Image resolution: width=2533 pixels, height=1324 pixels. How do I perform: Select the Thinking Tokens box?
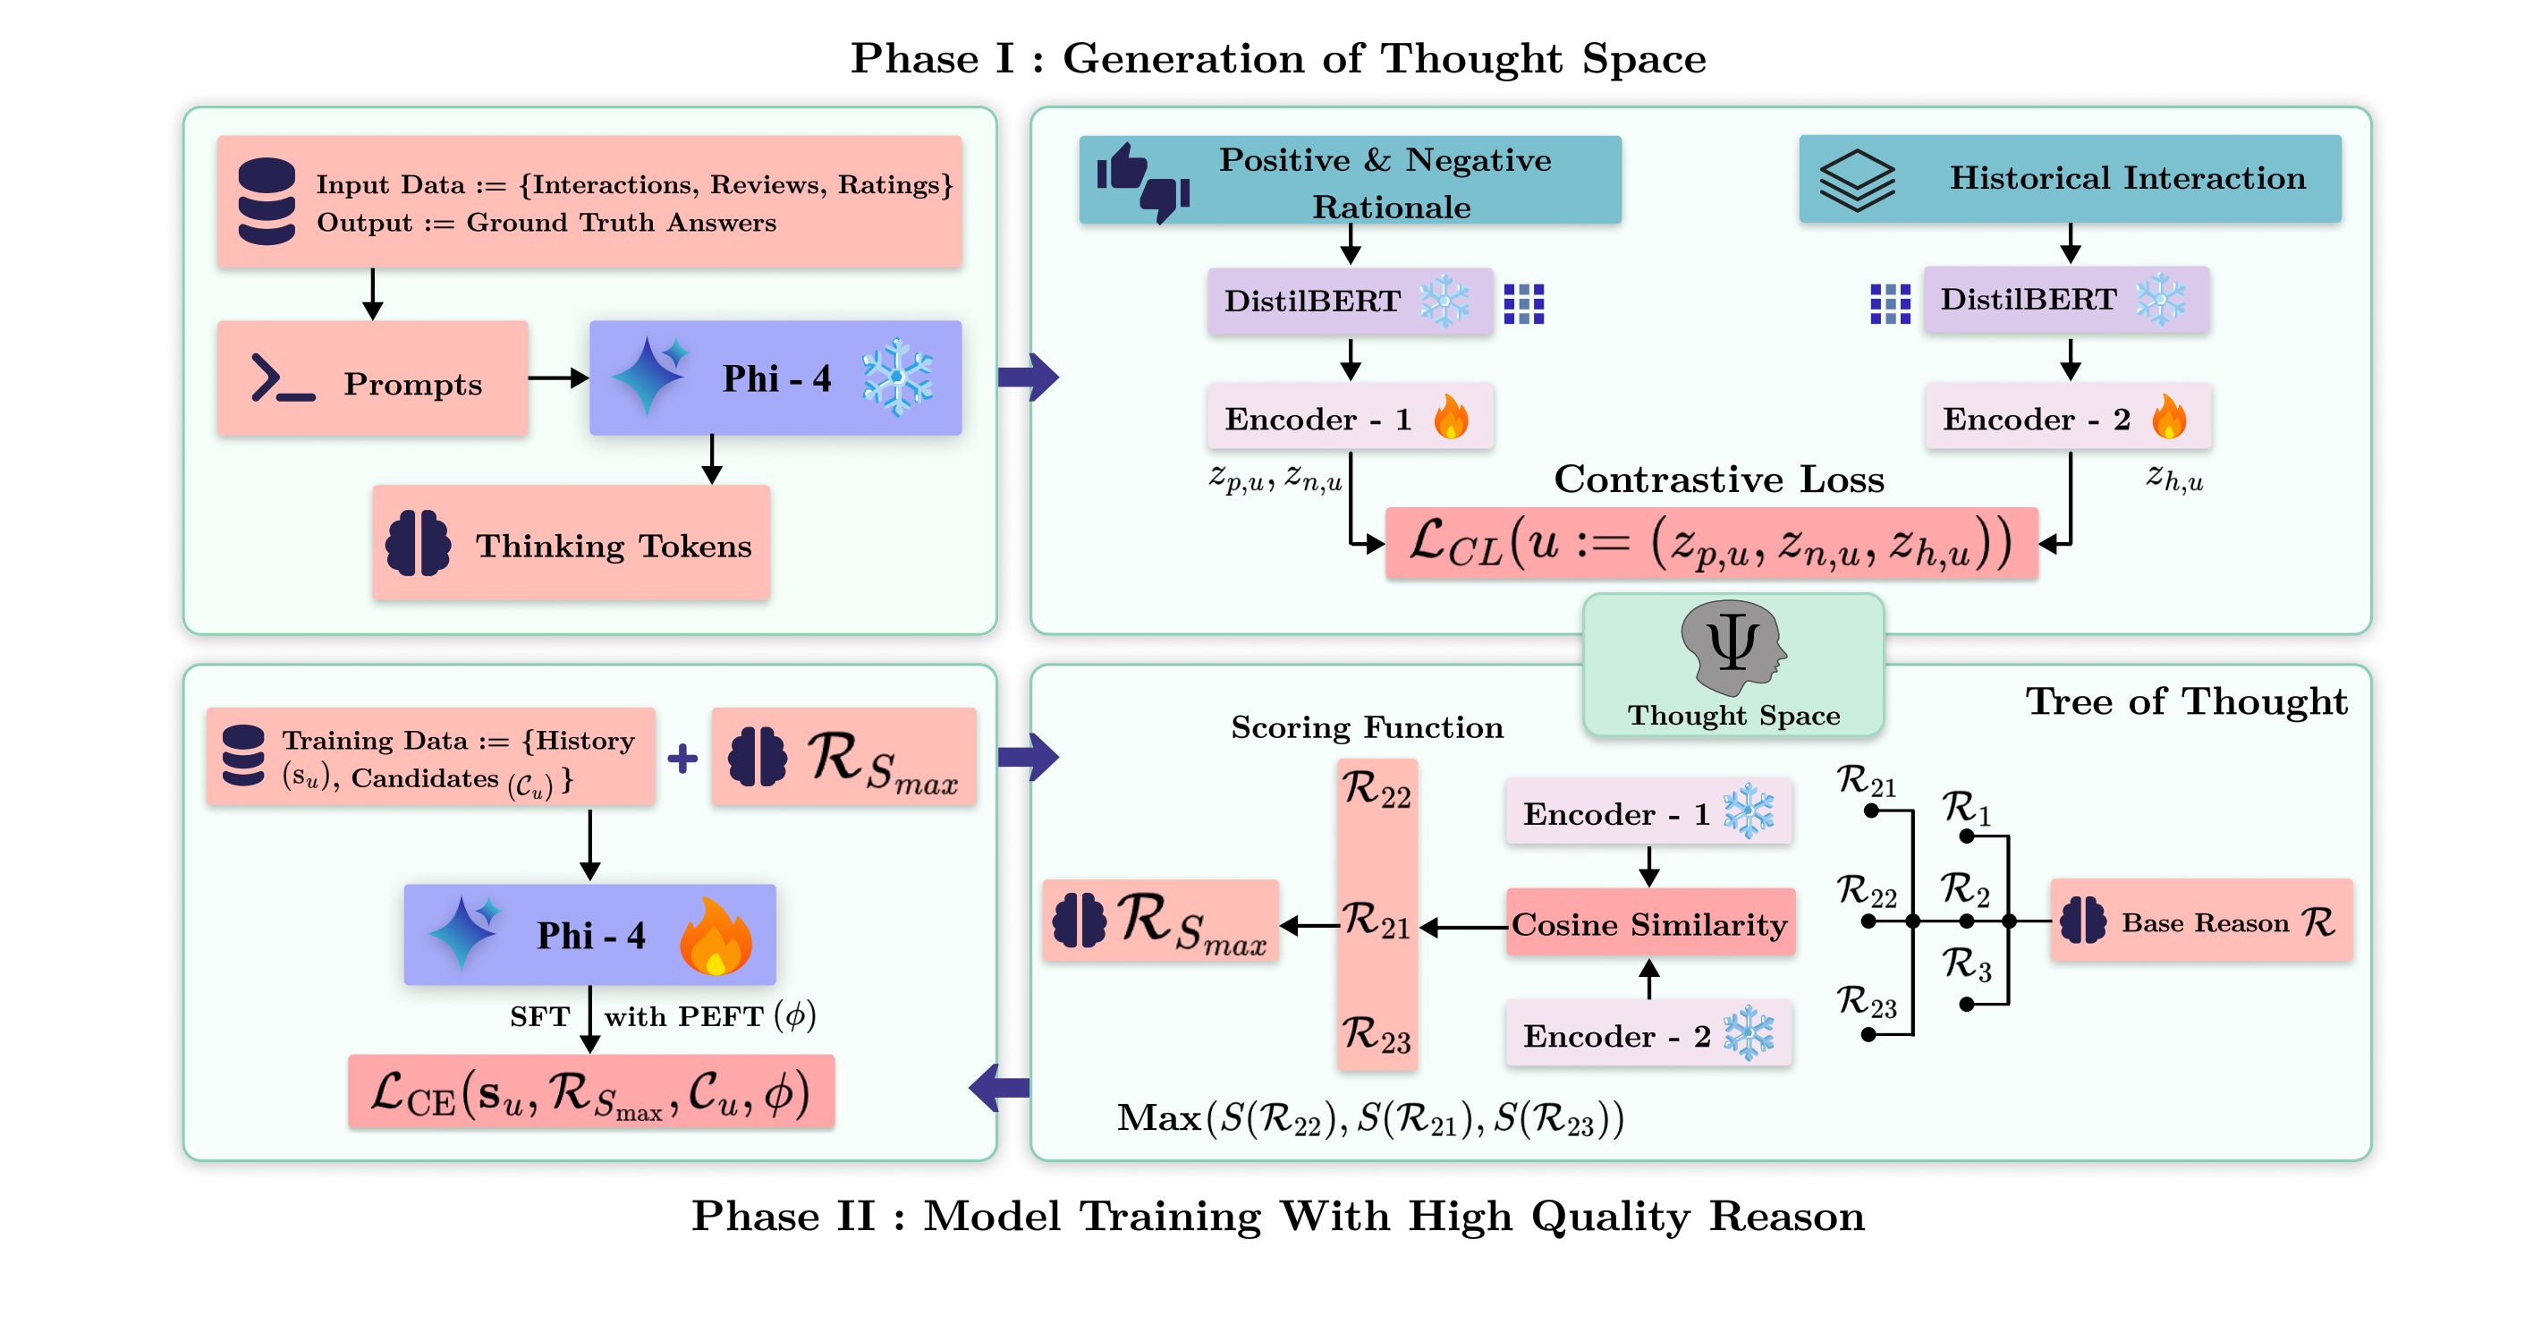[x=571, y=543]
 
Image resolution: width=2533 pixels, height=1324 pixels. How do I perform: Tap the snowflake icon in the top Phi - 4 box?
[x=897, y=378]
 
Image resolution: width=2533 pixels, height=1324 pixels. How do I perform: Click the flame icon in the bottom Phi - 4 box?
[x=716, y=937]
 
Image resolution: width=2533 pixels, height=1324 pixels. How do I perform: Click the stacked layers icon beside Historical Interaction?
[x=1857, y=180]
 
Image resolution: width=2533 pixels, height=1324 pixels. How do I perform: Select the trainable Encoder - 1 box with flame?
[x=1350, y=418]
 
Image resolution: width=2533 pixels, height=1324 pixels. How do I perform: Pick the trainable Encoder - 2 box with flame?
[x=2068, y=418]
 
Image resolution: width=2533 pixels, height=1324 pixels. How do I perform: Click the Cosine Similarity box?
[x=1650, y=922]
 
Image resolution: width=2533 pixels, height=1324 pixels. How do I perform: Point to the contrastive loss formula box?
[x=1711, y=543]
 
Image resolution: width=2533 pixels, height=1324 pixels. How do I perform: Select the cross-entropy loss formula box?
[x=591, y=1092]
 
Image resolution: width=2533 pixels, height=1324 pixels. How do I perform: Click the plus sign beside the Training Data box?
[x=682, y=759]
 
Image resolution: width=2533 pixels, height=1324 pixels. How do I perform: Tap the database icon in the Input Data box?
[x=267, y=200]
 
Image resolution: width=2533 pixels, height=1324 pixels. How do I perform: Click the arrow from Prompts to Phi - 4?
[x=557, y=378]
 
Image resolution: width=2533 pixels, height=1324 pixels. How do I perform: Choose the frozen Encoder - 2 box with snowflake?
[x=1649, y=1035]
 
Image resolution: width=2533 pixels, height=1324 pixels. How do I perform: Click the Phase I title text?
[x=1277, y=58]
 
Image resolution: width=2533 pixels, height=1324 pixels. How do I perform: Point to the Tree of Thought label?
[x=2186, y=701]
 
